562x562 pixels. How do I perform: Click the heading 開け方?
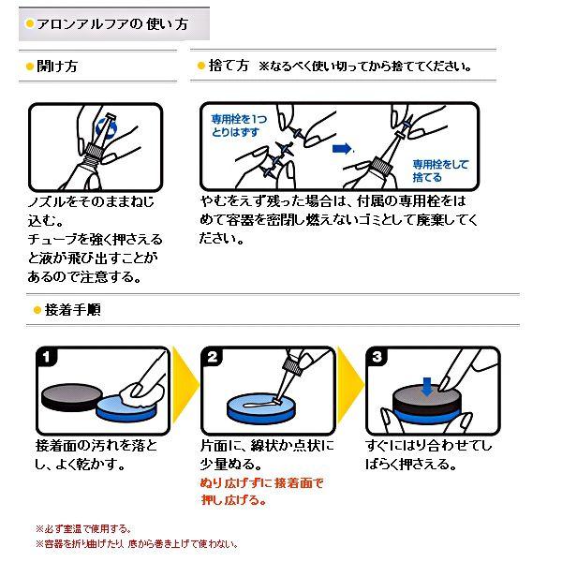pos(57,67)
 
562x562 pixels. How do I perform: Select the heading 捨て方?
pos(229,67)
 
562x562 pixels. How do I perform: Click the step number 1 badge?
pos(46,358)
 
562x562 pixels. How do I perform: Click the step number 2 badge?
pos(213,358)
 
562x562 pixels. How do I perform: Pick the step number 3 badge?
pos(377,358)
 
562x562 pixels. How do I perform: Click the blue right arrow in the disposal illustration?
pos(344,147)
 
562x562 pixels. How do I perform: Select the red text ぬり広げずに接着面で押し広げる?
pos(260,492)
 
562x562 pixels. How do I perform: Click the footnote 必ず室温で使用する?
pos(84,528)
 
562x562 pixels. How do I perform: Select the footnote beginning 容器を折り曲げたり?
pos(137,543)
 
